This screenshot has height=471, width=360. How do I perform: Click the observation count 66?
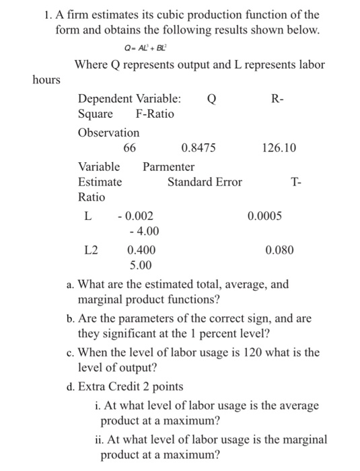[x=130, y=148]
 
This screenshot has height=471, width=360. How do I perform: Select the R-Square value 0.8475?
[x=199, y=148]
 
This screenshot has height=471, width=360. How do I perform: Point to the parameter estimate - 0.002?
[x=135, y=216]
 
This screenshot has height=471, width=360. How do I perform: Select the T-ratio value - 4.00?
[x=143, y=231]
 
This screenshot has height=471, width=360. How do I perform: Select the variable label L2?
[x=91, y=250]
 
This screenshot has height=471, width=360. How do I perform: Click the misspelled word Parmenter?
[x=169, y=166]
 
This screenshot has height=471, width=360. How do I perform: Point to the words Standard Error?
[x=205, y=182]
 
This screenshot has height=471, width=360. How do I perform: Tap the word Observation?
[x=109, y=133]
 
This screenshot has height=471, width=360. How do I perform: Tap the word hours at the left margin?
[x=46, y=80]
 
